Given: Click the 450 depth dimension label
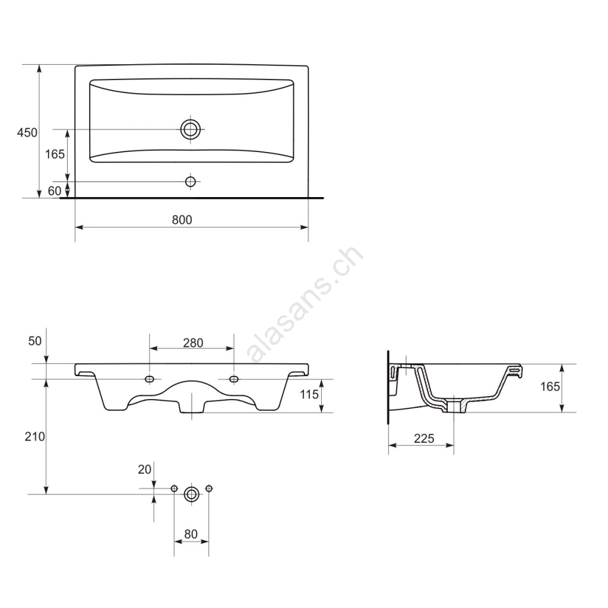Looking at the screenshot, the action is [x=27, y=132].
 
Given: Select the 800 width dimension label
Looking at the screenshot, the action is [x=182, y=220].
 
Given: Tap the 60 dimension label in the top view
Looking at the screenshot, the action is [x=55, y=191].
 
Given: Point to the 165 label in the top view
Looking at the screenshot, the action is [x=55, y=154].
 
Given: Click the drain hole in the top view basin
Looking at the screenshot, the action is [x=191, y=129].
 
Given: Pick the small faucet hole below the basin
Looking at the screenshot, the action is [x=191, y=181].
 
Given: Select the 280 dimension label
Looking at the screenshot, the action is [x=193, y=343].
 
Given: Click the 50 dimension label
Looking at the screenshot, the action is [x=35, y=341].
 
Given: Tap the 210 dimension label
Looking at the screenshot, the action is [x=35, y=436].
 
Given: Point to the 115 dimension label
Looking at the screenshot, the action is [x=309, y=394].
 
